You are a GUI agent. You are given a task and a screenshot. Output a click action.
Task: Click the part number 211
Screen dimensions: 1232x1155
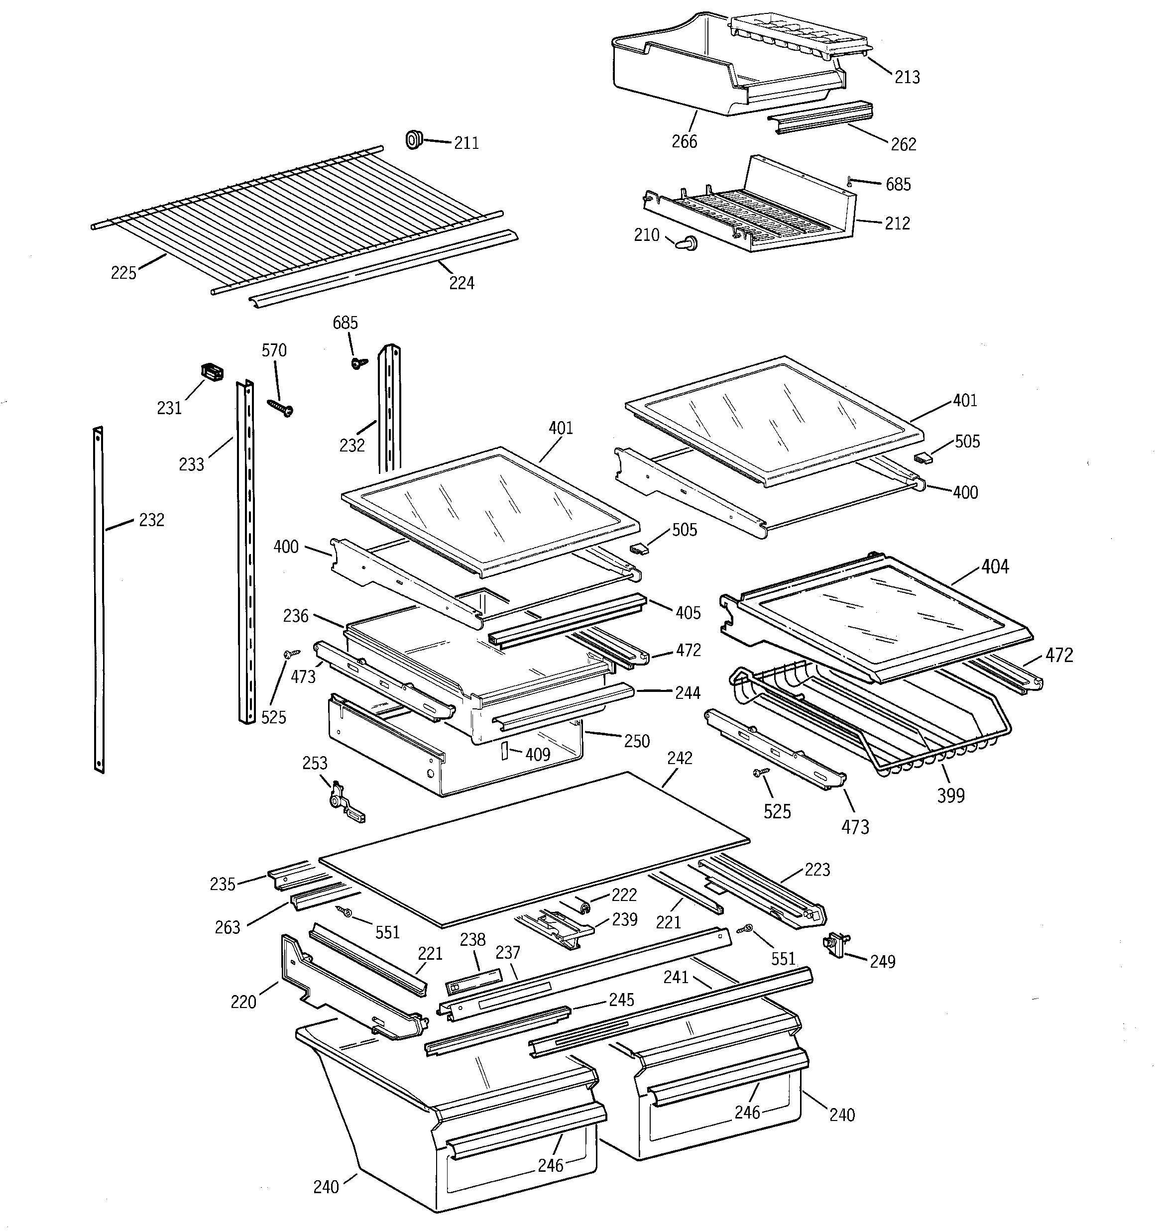[x=466, y=143]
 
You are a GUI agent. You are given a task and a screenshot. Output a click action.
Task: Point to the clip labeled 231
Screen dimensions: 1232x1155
[x=212, y=372]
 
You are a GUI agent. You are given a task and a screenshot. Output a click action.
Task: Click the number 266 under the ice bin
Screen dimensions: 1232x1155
[x=685, y=142]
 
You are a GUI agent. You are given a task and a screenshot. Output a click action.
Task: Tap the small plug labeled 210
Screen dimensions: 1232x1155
[x=687, y=243]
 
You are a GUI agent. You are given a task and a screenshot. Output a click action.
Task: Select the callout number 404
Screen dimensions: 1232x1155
[x=994, y=566]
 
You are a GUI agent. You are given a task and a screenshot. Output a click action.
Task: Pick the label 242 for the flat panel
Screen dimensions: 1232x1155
[x=680, y=758]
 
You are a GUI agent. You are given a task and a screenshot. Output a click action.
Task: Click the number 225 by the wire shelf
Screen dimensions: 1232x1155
[x=123, y=273]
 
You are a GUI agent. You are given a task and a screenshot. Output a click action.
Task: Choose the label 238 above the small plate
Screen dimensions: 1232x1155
[x=472, y=940]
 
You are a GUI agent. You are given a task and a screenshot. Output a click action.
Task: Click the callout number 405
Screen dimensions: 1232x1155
[x=688, y=613]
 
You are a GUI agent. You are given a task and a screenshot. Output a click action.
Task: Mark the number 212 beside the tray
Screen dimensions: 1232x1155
[x=897, y=223]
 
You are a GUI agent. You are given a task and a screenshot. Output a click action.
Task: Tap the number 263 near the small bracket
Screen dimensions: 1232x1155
[x=227, y=928]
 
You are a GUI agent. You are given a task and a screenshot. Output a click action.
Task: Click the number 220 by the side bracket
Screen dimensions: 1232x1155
[x=243, y=1002]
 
